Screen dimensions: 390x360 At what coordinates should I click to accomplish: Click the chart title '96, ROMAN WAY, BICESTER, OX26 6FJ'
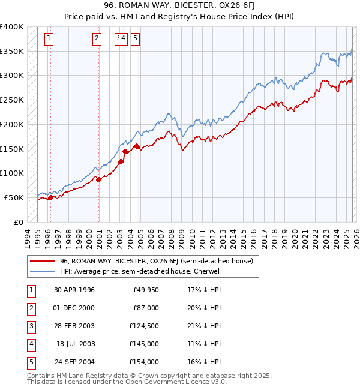pyautogui.click(x=180, y=6)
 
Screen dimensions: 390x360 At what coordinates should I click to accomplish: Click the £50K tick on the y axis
pyautogui.click(x=14, y=197)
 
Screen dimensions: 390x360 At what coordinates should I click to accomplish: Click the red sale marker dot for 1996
pyautogui.click(x=50, y=197)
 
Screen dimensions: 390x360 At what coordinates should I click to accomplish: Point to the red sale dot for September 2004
pyautogui.click(x=137, y=146)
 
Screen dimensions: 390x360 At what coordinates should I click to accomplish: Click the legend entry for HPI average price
pyautogui.click(x=140, y=271)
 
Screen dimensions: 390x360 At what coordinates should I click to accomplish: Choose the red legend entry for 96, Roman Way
pyautogui.click(x=156, y=261)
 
